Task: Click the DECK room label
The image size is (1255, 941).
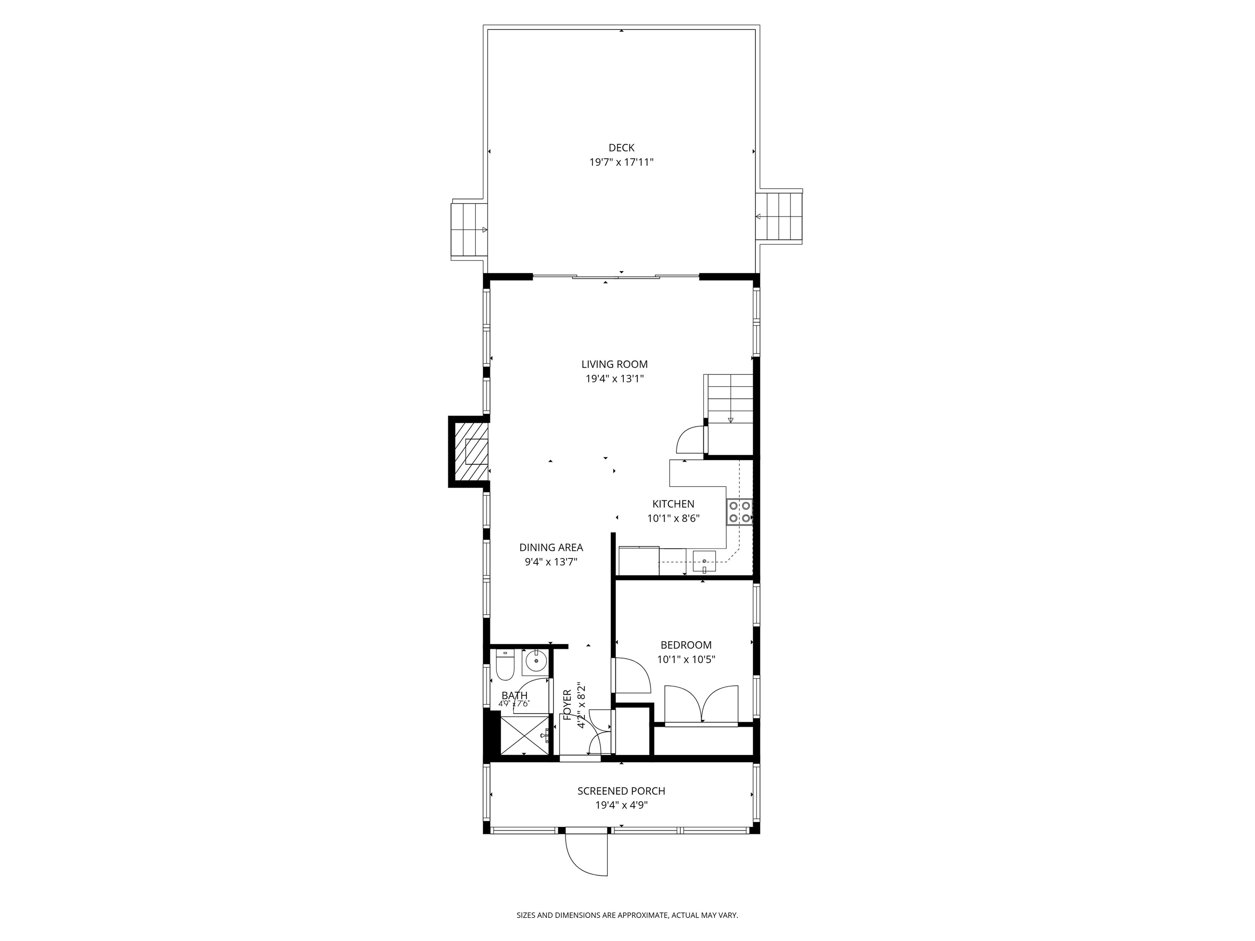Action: click(621, 148)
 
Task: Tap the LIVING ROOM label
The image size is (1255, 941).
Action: click(614, 365)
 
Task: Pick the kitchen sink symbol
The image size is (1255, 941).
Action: click(704, 562)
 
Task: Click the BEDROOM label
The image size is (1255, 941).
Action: click(686, 645)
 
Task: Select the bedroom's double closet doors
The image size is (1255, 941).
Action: click(701, 705)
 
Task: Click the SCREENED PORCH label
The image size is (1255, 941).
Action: click(621, 791)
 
